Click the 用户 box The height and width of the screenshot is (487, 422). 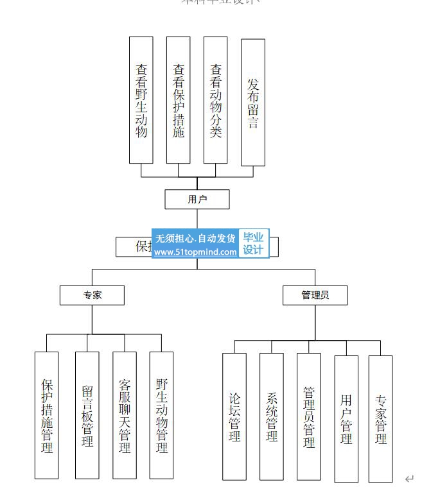(x=197, y=200)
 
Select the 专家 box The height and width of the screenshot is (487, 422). (x=92, y=295)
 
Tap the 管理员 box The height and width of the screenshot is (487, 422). (x=315, y=295)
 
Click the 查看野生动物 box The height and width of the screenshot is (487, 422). (x=141, y=100)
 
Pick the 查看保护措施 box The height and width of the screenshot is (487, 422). (x=179, y=100)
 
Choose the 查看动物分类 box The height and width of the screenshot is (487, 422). (x=216, y=100)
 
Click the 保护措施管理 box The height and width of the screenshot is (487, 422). (x=47, y=415)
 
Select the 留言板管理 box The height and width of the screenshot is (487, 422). (x=87, y=415)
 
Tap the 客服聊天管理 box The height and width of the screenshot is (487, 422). (x=125, y=415)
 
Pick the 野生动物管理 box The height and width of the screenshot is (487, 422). (x=162, y=415)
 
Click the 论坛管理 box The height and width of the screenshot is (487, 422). (x=234, y=416)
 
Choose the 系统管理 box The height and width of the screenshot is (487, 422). (x=272, y=416)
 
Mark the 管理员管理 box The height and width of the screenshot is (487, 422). (x=308, y=416)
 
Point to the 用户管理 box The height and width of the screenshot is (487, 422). (x=346, y=418)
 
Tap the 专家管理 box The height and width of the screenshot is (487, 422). (x=380, y=419)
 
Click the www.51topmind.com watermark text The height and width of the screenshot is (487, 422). (x=195, y=252)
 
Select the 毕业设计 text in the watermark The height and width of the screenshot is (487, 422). (x=253, y=244)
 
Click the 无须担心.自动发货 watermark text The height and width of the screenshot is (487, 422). (x=195, y=239)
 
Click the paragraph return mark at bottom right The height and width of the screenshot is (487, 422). (x=409, y=478)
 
